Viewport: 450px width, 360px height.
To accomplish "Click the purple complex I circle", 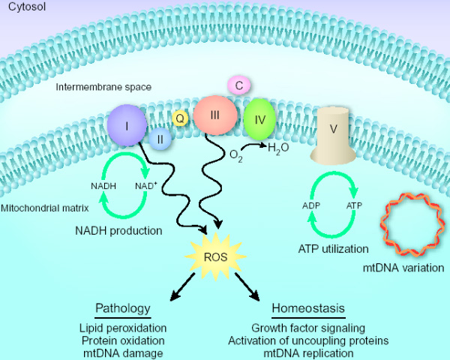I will pyautogui.click(x=127, y=124).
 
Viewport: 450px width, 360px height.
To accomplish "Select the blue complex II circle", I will pyautogui.click(x=160, y=138).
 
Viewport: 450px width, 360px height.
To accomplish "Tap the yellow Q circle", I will pyautogui.click(x=180, y=118).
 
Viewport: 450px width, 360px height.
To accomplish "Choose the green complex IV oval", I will pyautogui.click(x=259, y=119).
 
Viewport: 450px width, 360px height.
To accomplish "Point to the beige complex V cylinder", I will pyautogui.click(x=334, y=134).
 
